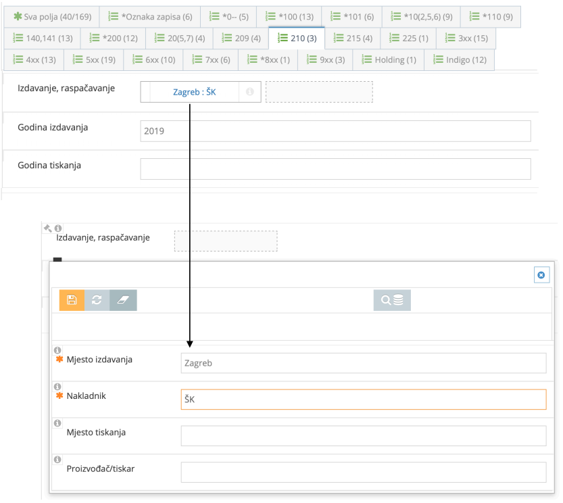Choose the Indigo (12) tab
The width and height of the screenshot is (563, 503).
[459, 60]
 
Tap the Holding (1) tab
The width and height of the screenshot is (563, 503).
[389, 60]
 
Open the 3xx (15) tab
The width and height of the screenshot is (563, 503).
[466, 39]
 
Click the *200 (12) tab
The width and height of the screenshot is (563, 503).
[113, 39]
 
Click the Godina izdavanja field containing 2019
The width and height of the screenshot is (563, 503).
[335, 131]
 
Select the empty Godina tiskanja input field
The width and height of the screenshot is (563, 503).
[335, 169]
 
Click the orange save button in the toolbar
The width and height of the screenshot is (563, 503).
[72, 300]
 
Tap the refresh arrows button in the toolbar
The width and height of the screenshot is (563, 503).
[97, 300]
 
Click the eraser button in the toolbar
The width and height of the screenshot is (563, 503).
[123, 300]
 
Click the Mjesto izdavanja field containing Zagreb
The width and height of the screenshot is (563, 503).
[363, 363]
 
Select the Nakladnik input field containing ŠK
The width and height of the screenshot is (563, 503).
[363, 400]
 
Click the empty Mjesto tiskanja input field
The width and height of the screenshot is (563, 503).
[363, 436]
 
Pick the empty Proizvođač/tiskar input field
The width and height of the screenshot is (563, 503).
[363, 472]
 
